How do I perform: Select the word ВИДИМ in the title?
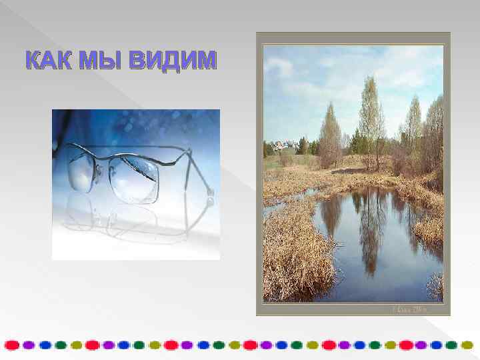pos(173,61)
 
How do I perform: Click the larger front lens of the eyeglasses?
pos(134,178)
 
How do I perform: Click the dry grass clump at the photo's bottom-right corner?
pos(434,287)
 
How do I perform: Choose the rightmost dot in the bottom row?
pos(468,345)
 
